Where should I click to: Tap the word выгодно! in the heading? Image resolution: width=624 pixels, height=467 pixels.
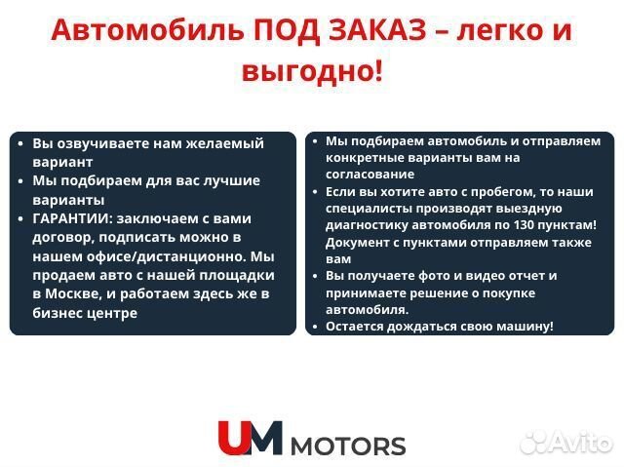(x=311, y=70)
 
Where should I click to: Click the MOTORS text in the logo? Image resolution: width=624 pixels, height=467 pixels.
(x=348, y=447)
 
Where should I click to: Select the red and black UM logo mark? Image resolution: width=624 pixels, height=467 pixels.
(x=250, y=438)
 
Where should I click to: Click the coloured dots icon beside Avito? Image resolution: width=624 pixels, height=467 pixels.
(x=535, y=442)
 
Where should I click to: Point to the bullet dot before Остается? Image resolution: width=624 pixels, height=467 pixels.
(x=315, y=327)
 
